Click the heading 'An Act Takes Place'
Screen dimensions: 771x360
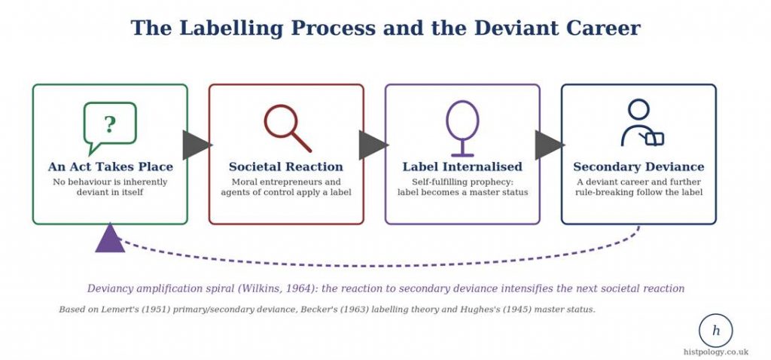pos(110,166)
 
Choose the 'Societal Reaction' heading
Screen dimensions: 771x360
pos(285,166)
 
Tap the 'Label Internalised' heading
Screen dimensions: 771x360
pos(462,166)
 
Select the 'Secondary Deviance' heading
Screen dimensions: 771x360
pos(638,167)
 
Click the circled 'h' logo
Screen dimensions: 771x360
pos(715,331)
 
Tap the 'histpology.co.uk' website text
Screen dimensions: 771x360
pos(716,352)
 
